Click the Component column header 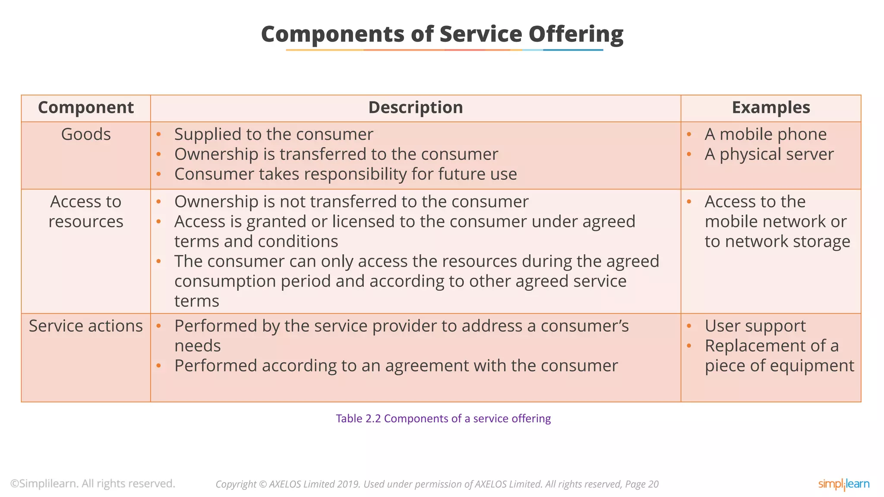click(x=86, y=107)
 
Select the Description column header click(x=415, y=107)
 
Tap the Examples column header click(x=771, y=107)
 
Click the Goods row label click(x=86, y=134)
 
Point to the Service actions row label click(x=86, y=326)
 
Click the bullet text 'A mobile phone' click(x=765, y=134)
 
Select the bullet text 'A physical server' click(x=769, y=154)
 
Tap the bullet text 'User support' click(x=755, y=326)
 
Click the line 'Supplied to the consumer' click(x=274, y=134)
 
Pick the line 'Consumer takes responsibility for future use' click(x=345, y=174)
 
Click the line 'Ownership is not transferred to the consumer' click(x=351, y=201)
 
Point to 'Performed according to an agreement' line click(x=396, y=365)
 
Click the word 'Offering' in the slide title click(x=576, y=34)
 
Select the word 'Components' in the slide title click(x=333, y=34)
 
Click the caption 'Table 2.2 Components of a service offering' click(x=443, y=418)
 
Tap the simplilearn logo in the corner click(x=843, y=484)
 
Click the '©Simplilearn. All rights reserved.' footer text click(x=93, y=484)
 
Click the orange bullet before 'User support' click(x=689, y=326)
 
